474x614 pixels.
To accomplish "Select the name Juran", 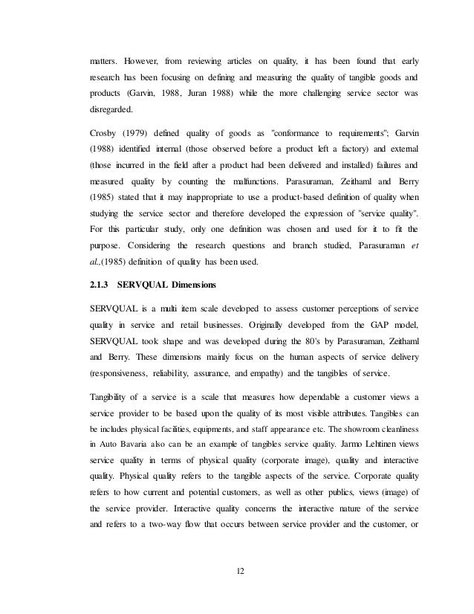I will click(x=219, y=94).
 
